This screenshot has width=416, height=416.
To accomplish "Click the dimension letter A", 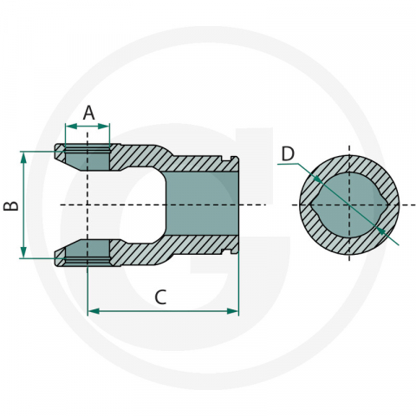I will point(88,112).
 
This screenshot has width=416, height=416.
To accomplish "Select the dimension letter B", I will point(10,205).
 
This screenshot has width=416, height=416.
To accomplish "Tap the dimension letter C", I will point(160,296).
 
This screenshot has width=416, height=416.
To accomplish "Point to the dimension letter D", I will point(288,154).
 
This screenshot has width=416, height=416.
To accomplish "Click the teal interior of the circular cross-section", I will point(348,205).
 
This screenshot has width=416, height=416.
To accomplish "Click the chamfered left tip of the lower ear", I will point(58,257).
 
